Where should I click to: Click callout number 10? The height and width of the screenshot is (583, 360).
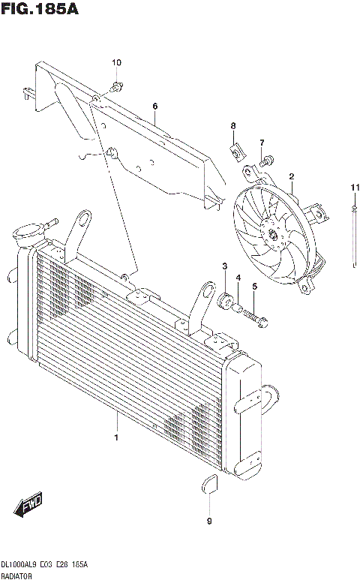tap(116, 62)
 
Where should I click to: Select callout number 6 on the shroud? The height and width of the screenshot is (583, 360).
tap(154, 106)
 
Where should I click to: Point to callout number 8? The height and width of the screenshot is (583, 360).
tap(233, 125)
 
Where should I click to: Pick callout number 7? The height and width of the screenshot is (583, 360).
tap(262, 143)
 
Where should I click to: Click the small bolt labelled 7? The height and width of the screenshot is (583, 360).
tap(267, 159)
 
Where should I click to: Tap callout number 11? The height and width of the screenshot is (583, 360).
tap(352, 187)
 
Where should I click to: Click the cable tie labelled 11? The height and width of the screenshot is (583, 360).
tap(352, 233)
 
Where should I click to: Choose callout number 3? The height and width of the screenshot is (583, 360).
tap(224, 267)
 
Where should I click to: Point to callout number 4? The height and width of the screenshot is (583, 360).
tap(238, 278)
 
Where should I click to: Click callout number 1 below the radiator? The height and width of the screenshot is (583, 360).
tap(116, 436)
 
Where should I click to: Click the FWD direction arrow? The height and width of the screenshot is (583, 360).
tap(30, 508)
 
